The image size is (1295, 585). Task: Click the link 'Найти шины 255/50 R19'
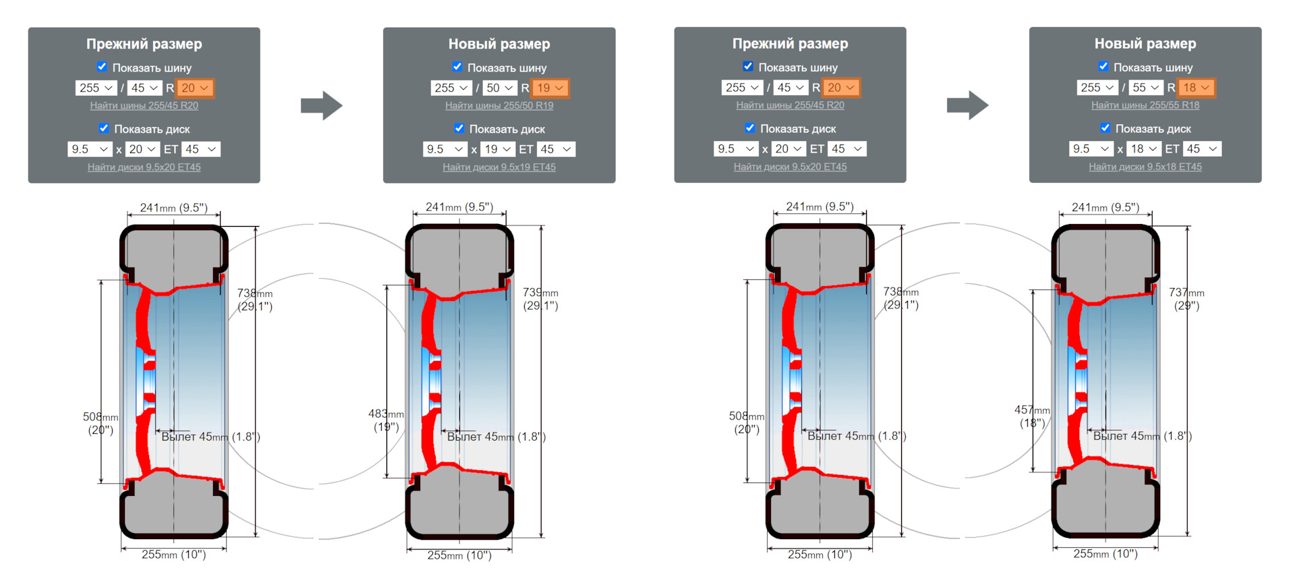point(499,105)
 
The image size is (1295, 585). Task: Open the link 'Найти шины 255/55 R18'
point(1145,105)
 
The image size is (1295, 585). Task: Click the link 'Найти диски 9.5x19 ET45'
point(499,167)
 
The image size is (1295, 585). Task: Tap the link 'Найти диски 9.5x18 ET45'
point(1145,167)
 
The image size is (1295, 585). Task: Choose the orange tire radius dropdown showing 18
point(1197,88)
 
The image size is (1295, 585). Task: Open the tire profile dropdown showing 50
point(500,88)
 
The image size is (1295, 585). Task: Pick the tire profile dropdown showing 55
point(1146,88)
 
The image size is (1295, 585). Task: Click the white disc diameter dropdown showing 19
point(498,149)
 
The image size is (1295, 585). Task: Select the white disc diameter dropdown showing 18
point(1145,149)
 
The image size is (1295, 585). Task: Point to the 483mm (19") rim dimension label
point(386,420)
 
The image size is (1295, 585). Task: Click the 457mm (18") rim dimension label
point(1032,416)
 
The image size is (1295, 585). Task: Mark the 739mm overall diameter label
point(540,299)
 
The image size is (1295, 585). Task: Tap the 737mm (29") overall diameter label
point(1186,299)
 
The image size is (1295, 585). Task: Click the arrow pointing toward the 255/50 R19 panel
point(322,105)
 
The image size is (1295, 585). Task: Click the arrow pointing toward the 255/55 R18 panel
point(968,105)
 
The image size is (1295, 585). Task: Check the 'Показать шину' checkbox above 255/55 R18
point(1103,66)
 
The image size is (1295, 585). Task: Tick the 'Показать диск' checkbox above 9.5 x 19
point(459,128)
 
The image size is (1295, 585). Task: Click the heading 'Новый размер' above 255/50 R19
point(499,44)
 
